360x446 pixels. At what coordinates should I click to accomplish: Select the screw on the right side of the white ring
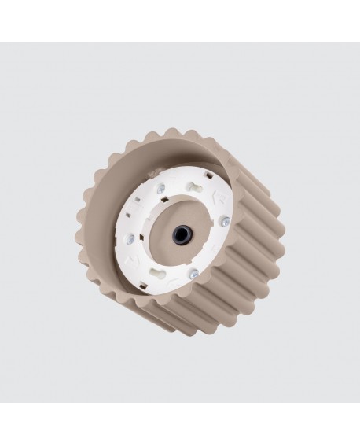tap(226, 223)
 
